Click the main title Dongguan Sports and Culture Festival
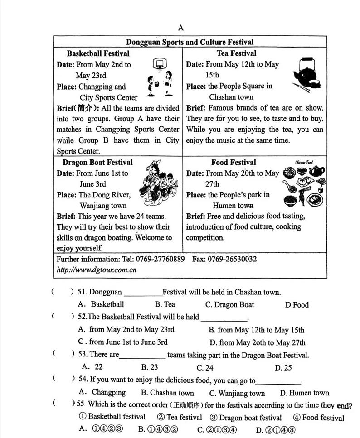pos(190,42)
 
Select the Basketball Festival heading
pos(98,53)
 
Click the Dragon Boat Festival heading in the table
pos(97,162)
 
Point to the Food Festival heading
pos(233,162)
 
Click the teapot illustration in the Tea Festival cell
pos(304,73)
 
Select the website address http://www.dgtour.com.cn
pos(97,270)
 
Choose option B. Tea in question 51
pos(165,305)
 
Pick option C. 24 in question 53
pos(204,368)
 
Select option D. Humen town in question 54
pos(304,393)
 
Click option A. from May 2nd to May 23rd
pos(126,330)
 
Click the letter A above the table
pos(181,28)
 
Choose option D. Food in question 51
pos(297,305)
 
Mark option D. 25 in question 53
pos(283,368)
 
